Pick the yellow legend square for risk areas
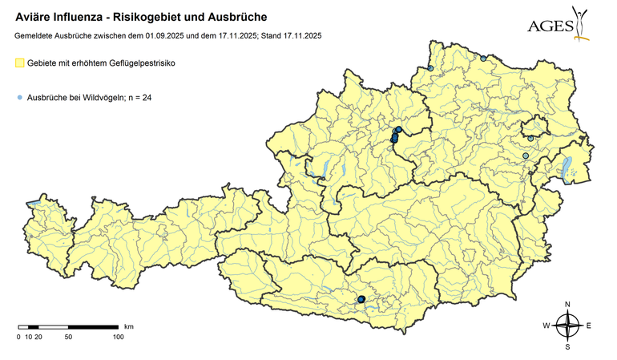click(x=20, y=63)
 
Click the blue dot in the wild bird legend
click(x=19, y=98)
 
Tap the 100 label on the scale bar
click(x=118, y=337)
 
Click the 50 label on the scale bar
click(x=68, y=337)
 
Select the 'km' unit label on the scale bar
click(x=128, y=327)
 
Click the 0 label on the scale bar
click(x=18, y=337)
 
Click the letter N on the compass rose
click(x=567, y=305)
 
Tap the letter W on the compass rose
click(x=546, y=326)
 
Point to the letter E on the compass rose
click(x=588, y=326)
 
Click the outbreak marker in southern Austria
click(x=361, y=299)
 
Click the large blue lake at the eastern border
click(x=566, y=166)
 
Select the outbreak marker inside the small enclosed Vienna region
click(x=530, y=138)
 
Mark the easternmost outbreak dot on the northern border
click(x=483, y=58)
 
